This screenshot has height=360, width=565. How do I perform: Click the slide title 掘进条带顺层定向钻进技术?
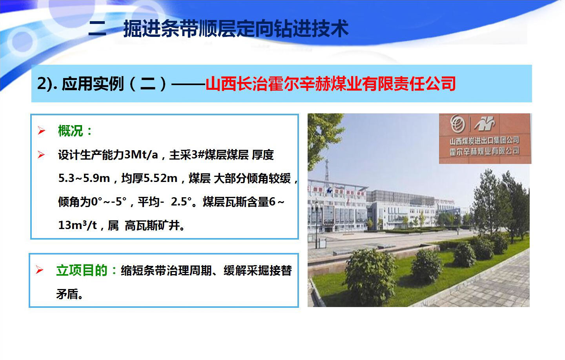pos(236,29)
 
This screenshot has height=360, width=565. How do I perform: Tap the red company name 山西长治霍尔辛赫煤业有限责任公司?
pos(331,84)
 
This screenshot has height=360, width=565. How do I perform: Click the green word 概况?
pos(71,131)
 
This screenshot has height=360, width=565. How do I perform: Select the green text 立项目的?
pos(82,271)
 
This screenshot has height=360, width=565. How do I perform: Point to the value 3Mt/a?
pos(141,155)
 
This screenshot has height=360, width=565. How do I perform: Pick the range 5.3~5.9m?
pos(84,178)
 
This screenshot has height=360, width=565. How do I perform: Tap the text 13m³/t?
pos(77,225)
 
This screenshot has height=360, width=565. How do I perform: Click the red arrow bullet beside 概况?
pos(41,131)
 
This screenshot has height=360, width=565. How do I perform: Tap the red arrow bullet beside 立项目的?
pos(40,270)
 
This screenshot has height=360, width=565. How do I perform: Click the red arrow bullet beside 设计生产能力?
pos(41,155)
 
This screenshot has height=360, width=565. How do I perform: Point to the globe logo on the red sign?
pos(458,124)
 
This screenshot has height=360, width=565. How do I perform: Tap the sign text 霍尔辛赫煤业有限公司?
pos(484,151)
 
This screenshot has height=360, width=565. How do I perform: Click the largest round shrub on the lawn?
pos(370,276)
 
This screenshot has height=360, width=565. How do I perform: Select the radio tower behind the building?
pos(327,171)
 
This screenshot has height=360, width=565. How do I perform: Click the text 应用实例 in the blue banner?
pos(93,84)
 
